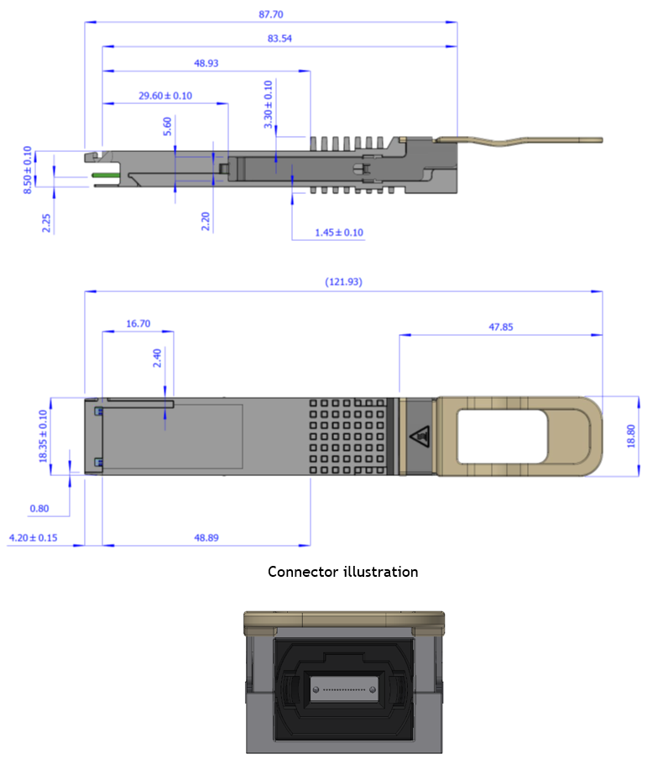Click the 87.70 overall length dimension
pos(270,14)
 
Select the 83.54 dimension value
pos(279,39)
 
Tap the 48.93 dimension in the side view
pos(206,63)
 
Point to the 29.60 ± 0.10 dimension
pos(165,96)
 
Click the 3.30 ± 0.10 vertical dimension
pos(269,105)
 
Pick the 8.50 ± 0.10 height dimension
pos(29,170)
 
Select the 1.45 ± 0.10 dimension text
pos(339,233)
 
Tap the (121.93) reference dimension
pos(343,282)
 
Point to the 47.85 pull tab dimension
pos(500,327)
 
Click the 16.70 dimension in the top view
pos(138,323)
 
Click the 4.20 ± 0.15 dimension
pos(33,537)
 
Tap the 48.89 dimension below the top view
pos(206,537)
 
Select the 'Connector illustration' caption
pos(342,572)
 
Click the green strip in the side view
pos(107,175)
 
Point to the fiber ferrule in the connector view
pos(343,688)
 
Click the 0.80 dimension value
pos(39,509)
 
